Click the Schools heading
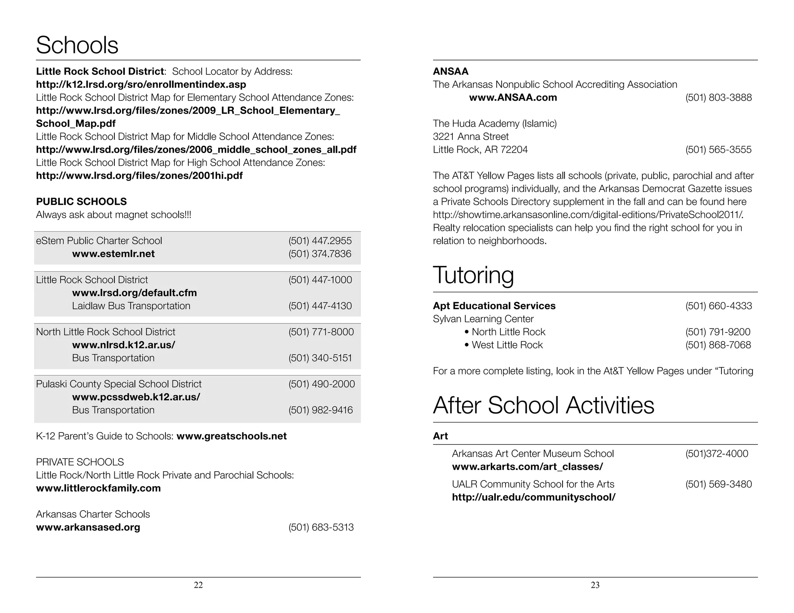[77, 45]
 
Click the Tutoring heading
[473, 275]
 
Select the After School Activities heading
[543, 405]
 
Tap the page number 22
[198, 585]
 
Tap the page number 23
[595, 585]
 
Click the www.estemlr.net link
[113, 254]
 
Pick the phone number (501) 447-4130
[320, 306]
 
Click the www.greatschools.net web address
[231, 436]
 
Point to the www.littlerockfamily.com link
[98, 488]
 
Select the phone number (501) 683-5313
[321, 527]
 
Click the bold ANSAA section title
[451, 71]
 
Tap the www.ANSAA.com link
[513, 97]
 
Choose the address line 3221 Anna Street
[471, 136]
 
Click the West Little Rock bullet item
[507, 345]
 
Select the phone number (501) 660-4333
[718, 306]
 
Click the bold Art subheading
[440, 436]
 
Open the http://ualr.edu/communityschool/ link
[533, 497]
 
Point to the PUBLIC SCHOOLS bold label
[81, 201]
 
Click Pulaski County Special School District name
[119, 384]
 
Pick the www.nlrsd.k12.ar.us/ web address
[123, 345]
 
